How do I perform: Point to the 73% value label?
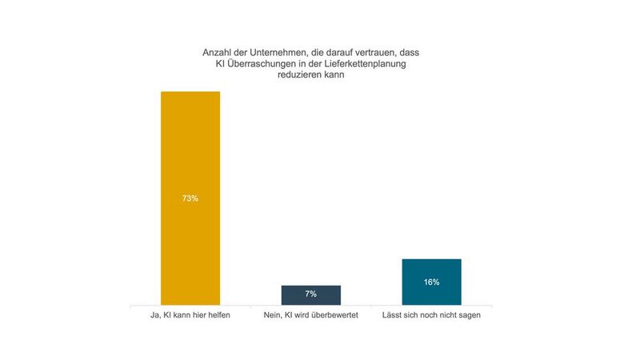[190, 198]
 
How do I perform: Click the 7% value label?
[311, 294]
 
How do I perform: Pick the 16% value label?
[431, 282]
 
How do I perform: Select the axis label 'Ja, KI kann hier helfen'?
[190, 315]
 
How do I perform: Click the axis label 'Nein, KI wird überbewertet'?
[311, 315]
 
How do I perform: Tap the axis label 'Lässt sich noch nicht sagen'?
[431, 315]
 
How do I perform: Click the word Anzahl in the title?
[217, 53]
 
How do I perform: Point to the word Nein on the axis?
[273, 315]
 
